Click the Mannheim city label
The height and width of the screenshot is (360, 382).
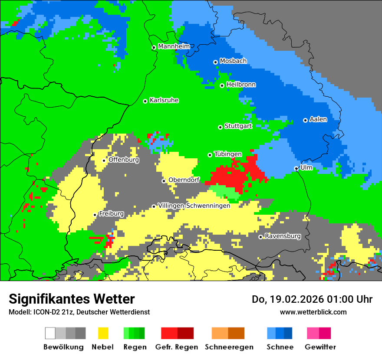coord(174,46)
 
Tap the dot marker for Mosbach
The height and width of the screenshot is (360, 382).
coord(215,62)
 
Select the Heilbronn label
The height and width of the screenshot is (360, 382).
coord(241,85)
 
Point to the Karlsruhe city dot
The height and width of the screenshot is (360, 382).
coord(145,101)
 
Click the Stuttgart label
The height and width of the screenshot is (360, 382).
coord(238,126)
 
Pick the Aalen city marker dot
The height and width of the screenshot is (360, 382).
coord(305,120)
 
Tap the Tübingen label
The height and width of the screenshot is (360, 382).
coord(228,154)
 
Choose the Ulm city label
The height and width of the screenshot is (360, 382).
coord(306,167)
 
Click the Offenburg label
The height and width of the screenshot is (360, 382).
coord(124,160)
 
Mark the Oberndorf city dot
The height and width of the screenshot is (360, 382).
coord(164,181)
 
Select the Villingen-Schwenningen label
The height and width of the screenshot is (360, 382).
coord(194,206)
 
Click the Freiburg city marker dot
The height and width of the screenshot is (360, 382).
coord(95,215)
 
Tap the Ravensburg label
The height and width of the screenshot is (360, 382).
coord(283,236)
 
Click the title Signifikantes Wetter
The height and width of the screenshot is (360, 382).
coord(72,299)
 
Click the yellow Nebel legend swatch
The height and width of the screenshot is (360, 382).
coord(103,333)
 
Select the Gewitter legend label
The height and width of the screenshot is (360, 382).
coord(320,347)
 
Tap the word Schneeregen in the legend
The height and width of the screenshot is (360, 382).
coord(229,347)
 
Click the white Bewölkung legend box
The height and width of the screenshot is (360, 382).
coord(50,333)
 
